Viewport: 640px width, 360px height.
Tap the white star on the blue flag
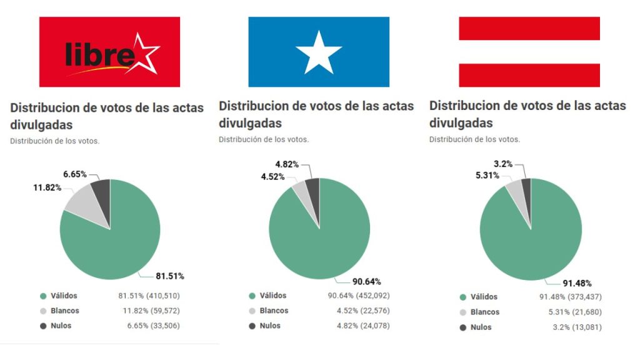tap(319, 52)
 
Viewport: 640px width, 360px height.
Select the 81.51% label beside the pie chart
tap(170, 276)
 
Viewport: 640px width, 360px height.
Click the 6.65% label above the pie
tap(75, 174)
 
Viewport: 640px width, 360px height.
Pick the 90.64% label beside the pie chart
tap(367, 281)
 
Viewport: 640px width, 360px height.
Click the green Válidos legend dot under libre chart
tap(43, 296)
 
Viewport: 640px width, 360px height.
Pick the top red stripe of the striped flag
tap(529, 29)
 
